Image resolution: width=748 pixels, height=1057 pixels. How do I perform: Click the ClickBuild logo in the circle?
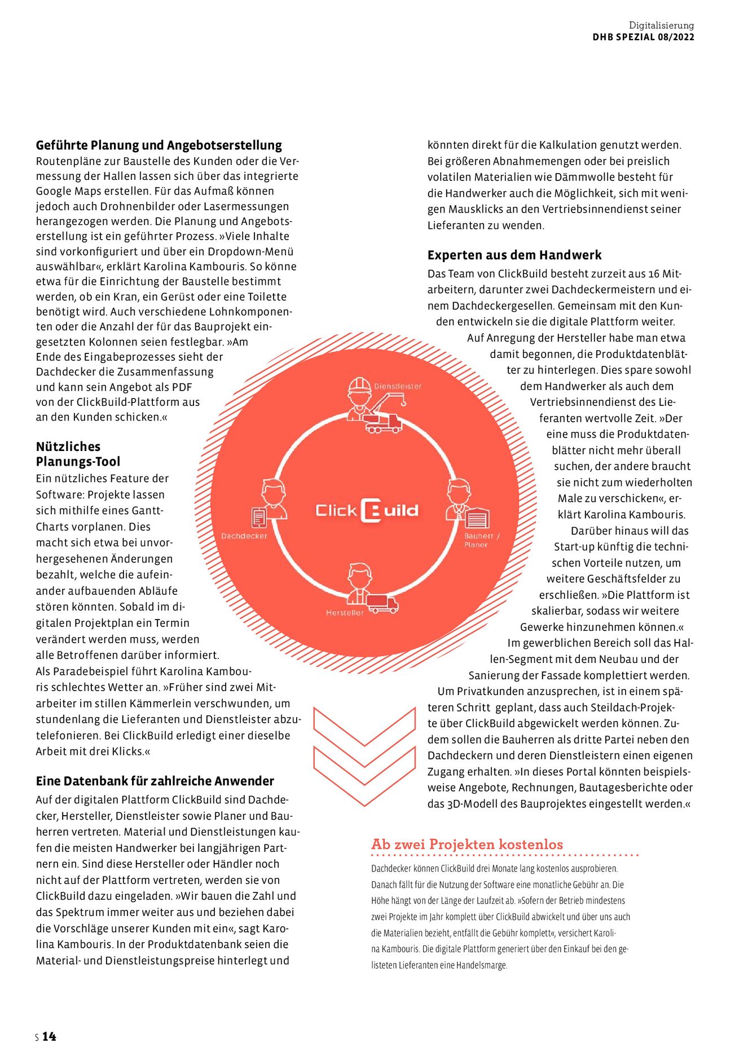coord(367,511)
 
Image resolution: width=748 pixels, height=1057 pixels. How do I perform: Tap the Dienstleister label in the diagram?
coord(398,387)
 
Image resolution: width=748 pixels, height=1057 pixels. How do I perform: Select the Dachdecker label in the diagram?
coord(244,536)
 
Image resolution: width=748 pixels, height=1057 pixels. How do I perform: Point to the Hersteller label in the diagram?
coord(345,613)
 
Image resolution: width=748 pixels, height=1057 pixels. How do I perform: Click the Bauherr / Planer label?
coord(481,540)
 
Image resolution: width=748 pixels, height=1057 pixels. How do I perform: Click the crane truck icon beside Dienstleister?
coord(385,414)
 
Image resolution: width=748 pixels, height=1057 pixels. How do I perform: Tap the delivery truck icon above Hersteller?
coord(382,603)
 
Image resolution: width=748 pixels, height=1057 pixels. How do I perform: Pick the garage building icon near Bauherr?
coord(477,518)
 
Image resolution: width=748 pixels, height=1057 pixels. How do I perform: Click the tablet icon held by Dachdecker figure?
coord(259,517)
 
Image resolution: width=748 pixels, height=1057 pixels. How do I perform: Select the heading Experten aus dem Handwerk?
coord(514,255)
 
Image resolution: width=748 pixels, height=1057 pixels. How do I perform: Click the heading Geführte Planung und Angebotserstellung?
coord(159,145)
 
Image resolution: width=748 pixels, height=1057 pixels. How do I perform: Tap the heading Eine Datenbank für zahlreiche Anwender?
coord(155,781)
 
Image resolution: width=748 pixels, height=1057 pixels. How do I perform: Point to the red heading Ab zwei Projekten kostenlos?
coord(467,844)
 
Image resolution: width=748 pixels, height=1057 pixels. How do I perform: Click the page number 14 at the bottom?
coord(49,1036)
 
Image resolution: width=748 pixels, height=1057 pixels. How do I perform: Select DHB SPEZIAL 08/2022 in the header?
coord(643,37)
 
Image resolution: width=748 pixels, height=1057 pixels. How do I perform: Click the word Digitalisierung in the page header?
coord(661,25)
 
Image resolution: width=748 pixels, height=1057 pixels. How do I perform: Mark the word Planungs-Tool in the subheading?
coord(78,462)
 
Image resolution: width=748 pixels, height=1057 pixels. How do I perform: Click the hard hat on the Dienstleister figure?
coord(359,384)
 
